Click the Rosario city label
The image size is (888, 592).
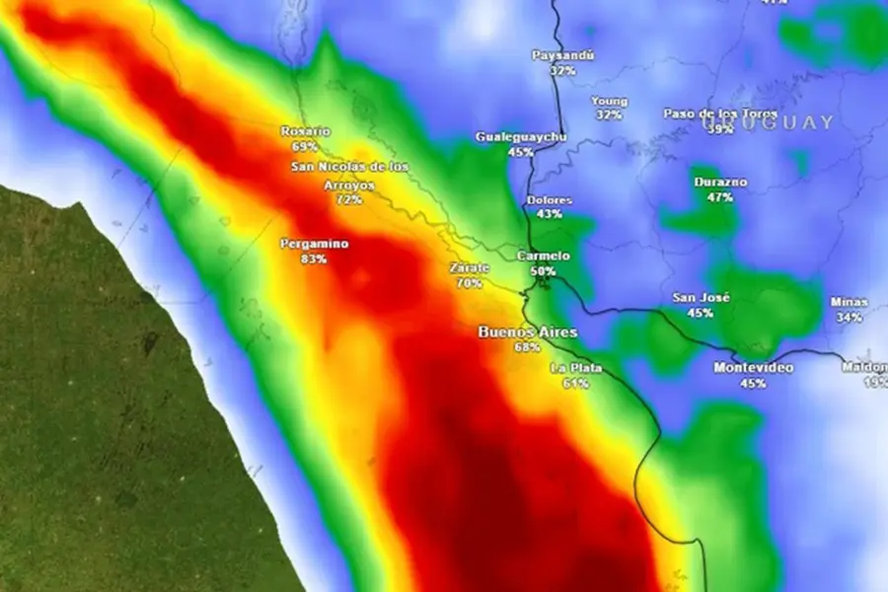pyautogui.click(x=306, y=131)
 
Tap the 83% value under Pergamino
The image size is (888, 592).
pyautogui.click(x=315, y=259)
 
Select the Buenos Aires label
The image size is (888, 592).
pyautogui.click(x=527, y=333)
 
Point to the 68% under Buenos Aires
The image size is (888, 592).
pyautogui.click(x=527, y=347)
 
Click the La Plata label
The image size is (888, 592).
pyautogui.click(x=576, y=369)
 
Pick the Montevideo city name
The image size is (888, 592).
pyautogui.click(x=753, y=368)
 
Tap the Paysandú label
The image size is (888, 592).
pyautogui.click(x=563, y=55)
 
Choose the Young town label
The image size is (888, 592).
pyautogui.click(x=609, y=101)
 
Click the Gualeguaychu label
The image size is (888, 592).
pyautogui.click(x=521, y=137)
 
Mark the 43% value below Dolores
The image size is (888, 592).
pyautogui.click(x=550, y=214)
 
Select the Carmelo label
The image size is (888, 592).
pyautogui.click(x=544, y=256)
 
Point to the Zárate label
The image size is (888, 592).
pyautogui.click(x=470, y=268)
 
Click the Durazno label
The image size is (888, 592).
pyautogui.click(x=720, y=183)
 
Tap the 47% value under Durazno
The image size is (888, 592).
pyautogui.click(x=720, y=197)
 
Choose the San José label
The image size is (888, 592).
pyautogui.click(x=701, y=298)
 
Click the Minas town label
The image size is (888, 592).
pyautogui.click(x=849, y=303)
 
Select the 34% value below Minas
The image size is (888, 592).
pyautogui.click(x=849, y=318)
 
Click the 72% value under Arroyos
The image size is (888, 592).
pyautogui.click(x=348, y=199)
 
